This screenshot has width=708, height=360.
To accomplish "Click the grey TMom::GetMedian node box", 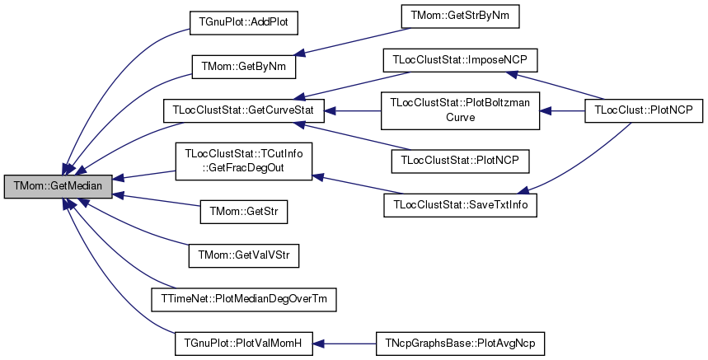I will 58,186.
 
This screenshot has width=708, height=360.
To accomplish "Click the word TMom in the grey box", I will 29,186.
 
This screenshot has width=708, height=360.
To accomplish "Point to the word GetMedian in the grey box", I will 77,186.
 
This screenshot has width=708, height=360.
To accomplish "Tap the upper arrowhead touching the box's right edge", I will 118,177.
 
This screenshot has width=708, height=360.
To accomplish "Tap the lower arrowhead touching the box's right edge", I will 118,195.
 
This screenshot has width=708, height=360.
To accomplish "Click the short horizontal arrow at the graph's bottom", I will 345,344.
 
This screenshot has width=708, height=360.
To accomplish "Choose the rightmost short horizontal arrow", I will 563,110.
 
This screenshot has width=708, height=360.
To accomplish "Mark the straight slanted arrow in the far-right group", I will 556,86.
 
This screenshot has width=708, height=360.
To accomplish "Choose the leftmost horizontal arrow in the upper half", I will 353,110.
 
